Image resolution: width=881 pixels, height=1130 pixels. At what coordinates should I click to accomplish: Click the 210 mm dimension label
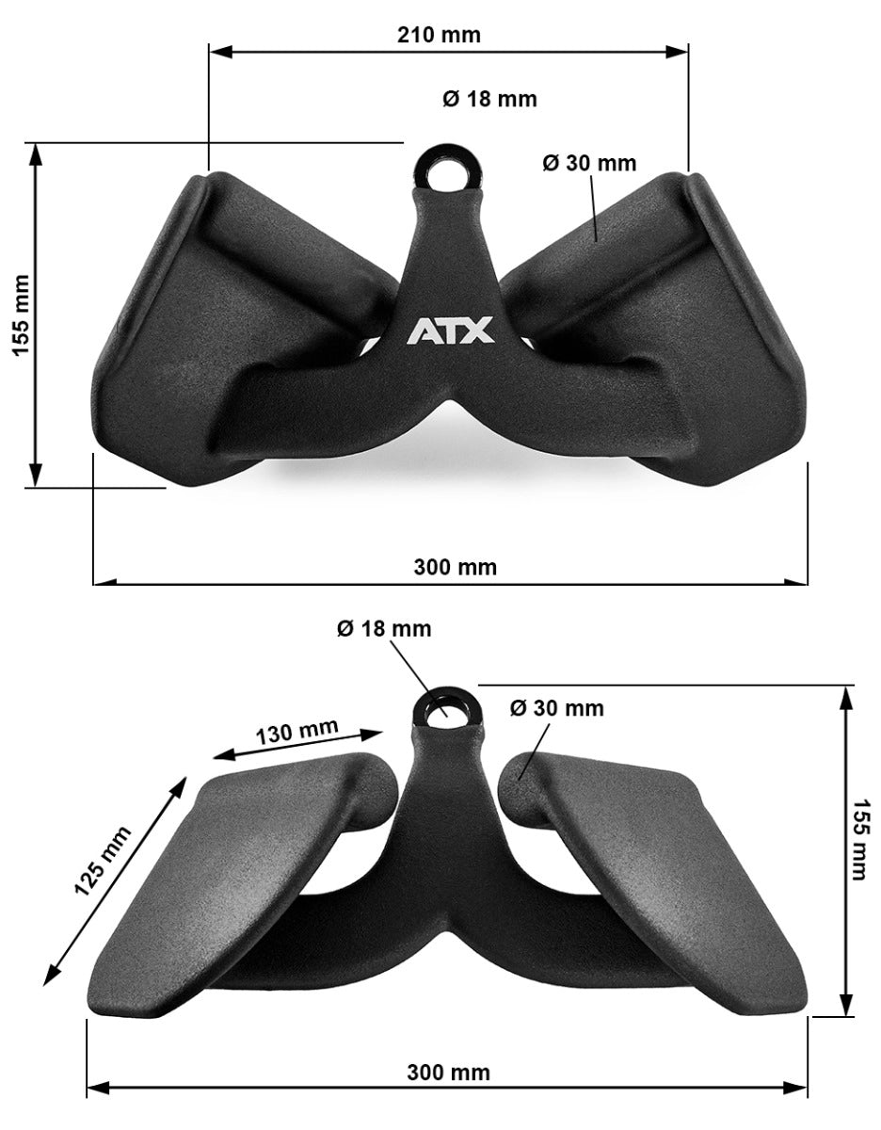pos(440,36)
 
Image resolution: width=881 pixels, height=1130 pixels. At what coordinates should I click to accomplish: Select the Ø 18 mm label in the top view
pos(489,99)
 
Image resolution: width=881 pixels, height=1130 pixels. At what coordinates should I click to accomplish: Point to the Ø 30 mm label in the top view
pos(589,163)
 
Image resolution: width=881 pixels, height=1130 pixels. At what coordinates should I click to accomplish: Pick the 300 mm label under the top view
pos(456,567)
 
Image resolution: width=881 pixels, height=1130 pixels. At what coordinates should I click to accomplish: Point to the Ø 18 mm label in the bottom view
pos(384,628)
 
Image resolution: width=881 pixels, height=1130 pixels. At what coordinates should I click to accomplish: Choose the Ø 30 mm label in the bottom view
pos(557,708)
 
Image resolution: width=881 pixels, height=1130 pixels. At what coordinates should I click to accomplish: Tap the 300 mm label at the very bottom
pos(449,1073)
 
